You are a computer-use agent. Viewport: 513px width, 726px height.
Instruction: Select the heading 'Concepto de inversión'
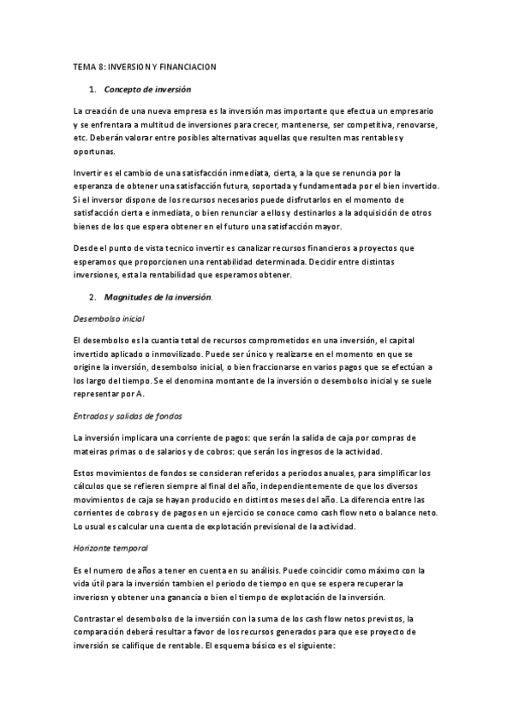pos(147,89)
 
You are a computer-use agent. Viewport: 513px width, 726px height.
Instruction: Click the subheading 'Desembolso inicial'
pos(109,318)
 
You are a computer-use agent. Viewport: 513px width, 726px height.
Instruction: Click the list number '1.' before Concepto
pos(92,89)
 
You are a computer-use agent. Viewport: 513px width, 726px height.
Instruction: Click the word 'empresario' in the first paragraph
pos(409,111)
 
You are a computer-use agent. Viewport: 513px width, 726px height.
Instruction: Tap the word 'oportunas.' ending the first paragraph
pos(94,151)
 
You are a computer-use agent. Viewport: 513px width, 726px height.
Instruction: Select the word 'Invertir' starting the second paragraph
pos(89,173)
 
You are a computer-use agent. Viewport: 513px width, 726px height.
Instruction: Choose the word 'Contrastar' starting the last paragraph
pos(96,618)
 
